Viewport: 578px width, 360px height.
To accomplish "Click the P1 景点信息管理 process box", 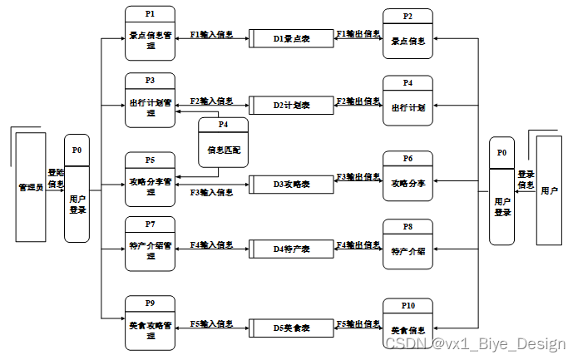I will point(151,33).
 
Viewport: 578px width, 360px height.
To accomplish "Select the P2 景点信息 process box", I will point(407,34).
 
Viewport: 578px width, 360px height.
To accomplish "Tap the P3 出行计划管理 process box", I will point(151,101).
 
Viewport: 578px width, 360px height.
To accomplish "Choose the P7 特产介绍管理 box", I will point(151,243).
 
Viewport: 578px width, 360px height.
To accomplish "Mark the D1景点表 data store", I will point(291,38).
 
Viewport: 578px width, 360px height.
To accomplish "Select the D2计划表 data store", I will point(291,106).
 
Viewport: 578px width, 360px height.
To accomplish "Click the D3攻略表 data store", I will point(291,183).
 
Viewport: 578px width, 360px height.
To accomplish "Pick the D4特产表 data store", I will point(291,249).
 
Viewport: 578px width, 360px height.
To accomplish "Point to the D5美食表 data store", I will point(291,328).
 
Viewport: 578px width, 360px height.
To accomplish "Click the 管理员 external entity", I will point(30,187).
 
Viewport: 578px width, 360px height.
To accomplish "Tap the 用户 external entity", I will point(549,190).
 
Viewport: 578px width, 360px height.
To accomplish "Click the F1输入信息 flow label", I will point(211,35).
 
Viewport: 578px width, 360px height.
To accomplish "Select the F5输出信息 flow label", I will point(358,323).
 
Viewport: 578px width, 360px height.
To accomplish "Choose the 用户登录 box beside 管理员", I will point(77,190).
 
